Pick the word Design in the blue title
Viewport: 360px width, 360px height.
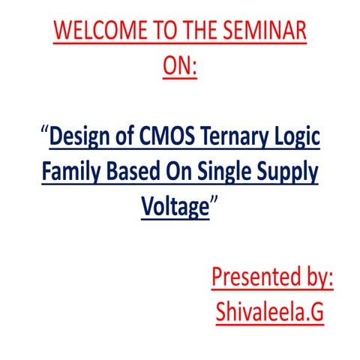[x=81, y=137]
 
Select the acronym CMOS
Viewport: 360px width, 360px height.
[x=163, y=137]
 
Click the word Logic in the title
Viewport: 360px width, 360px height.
[x=295, y=137]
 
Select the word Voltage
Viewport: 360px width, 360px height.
[x=174, y=207]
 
